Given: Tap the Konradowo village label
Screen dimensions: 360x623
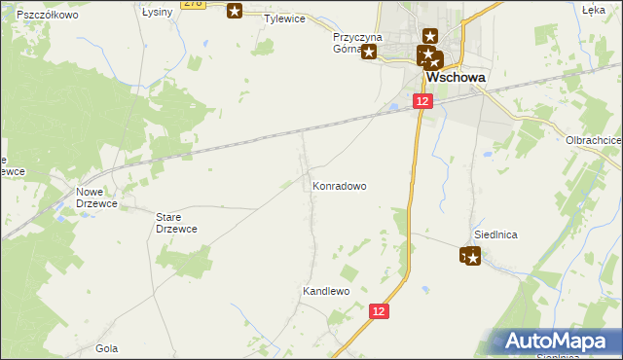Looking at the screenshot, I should [x=339, y=184].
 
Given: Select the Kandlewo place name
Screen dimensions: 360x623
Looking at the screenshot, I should [x=325, y=291].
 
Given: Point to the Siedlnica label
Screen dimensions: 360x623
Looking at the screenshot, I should [x=495, y=234].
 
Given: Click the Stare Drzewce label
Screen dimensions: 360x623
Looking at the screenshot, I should [x=177, y=223].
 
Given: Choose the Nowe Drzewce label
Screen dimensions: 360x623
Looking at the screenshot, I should [x=96, y=198].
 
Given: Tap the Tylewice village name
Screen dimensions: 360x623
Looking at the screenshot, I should [x=285, y=18].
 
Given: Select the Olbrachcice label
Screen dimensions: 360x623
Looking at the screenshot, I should [x=594, y=140].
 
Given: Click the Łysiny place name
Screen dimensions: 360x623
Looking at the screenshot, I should [x=158, y=12].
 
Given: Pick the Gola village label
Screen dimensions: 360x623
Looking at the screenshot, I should [x=107, y=347].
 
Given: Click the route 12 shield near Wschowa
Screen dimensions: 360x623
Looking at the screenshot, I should [x=421, y=101].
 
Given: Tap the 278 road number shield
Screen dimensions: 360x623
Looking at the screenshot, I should [x=194, y=4].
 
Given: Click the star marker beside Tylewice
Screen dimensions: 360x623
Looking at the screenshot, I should [x=235, y=11].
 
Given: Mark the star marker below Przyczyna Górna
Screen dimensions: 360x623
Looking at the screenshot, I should [x=369, y=54].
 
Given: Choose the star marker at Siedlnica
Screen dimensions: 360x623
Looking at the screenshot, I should [x=471, y=256].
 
